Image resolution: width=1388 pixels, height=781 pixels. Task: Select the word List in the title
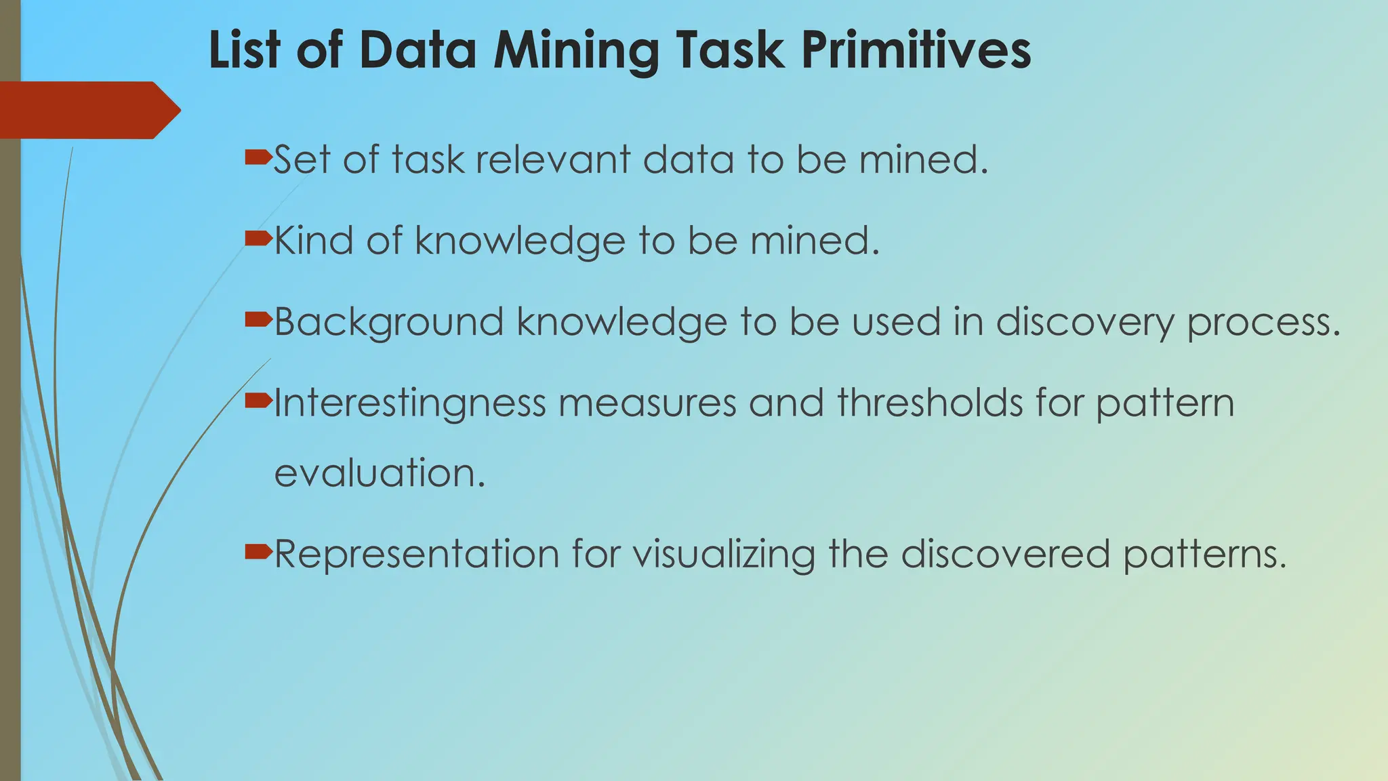click(x=244, y=50)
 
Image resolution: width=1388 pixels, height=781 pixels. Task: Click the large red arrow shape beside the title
click(x=88, y=110)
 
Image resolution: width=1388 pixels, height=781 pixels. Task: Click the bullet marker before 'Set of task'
click(x=258, y=159)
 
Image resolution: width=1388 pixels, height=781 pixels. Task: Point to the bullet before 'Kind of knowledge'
click(x=258, y=239)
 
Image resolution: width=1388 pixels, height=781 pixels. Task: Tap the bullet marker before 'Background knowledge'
click(x=258, y=319)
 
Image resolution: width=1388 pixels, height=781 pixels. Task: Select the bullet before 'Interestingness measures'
click(x=258, y=401)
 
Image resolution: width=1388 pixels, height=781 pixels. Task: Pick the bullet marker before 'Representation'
click(x=258, y=552)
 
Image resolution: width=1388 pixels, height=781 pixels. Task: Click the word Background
click(x=389, y=322)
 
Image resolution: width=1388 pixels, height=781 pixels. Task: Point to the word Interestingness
click(x=409, y=404)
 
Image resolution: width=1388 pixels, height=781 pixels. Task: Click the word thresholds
click(x=929, y=403)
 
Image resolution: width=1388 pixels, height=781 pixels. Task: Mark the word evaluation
click(x=380, y=473)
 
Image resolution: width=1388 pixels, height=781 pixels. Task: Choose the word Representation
click(x=416, y=555)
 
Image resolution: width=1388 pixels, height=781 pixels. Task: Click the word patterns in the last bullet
click(x=1204, y=555)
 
